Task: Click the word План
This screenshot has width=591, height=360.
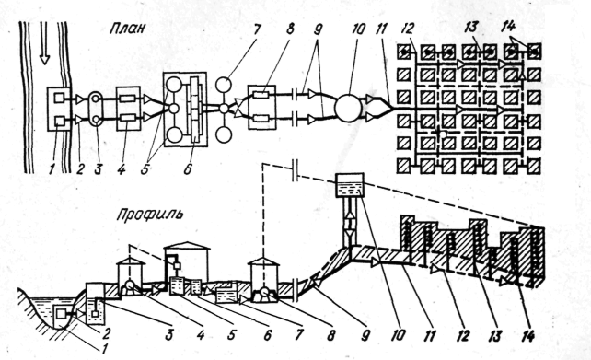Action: click(x=127, y=29)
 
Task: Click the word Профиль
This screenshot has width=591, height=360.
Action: click(x=150, y=215)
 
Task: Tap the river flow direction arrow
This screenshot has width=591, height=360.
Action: click(x=45, y=42)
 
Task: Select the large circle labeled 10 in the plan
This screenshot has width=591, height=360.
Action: click(x=348, y=108)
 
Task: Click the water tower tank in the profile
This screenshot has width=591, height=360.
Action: click(x=350, y=185)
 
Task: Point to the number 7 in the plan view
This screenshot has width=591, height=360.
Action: click(x=257, y=29)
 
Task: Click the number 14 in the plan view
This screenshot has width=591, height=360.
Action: click(x=509, y=27)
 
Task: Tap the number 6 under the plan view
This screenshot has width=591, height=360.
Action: click(x=187, y=169)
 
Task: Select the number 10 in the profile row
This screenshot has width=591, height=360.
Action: click(x=398, y=334)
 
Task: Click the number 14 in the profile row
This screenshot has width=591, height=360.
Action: click(x=527, y=335)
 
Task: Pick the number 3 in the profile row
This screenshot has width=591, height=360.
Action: click(x=169, y=334)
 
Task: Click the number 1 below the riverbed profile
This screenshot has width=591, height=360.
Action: click(x=101, y=349)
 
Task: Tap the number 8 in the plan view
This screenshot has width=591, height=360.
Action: click(x=290, y=29)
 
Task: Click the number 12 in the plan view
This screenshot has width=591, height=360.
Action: click(x=408, y=29)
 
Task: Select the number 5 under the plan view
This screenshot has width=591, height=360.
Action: click(x=145, y=169)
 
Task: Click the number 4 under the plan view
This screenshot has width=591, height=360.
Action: click(x=121, y=169)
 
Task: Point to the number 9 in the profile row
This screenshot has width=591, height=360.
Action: click(x=365, y=335)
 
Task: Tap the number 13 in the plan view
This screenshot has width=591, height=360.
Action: click(x=471, y=27)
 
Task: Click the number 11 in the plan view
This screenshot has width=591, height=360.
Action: click(x=381, y=29)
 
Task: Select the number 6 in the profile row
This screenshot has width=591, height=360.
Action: click(x=267, y=334)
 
